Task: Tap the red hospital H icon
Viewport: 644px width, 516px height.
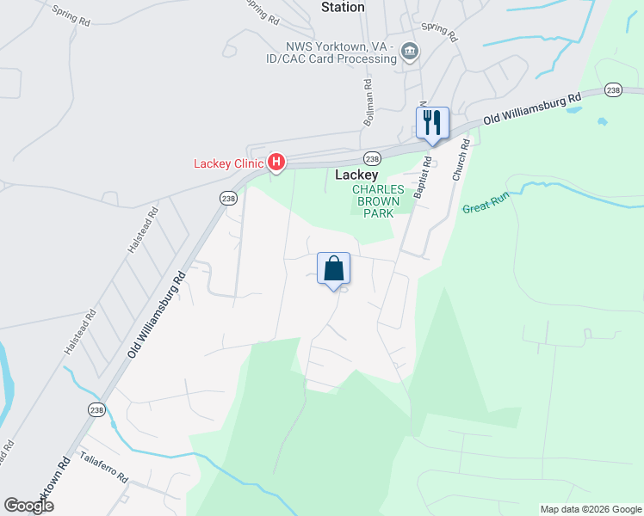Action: click(x=276, y=161)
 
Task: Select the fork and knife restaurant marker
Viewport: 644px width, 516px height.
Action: click(x=432, y=123)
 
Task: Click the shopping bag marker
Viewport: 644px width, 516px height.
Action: click(x=334, y=269)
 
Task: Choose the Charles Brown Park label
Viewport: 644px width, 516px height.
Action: click(x=376, y=200)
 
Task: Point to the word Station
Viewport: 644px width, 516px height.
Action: click(x=343, y=8)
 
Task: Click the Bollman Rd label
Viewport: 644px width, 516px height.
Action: click(x=368, y=104)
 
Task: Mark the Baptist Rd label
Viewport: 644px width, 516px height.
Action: click(x=421, y=177)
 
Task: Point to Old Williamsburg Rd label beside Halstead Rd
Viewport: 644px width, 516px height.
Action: click(x=158, y=315)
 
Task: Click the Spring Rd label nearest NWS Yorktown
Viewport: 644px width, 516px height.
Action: click(x=438, y=32)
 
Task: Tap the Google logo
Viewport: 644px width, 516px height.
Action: click(x=29, y=506)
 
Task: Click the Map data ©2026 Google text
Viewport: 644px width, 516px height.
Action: click(x=591, y=509)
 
